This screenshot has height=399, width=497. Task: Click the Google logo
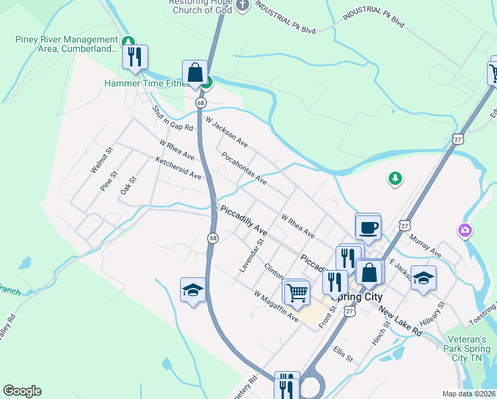tap(22, 391)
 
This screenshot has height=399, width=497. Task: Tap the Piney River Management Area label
tap(66, 43)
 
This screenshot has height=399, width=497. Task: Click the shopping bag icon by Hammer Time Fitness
tap(195, 72)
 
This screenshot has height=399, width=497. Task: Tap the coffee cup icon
tap(367, 227)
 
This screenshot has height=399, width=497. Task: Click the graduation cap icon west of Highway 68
tap(193, 290)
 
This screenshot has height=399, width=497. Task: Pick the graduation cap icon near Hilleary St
tap(423, 278)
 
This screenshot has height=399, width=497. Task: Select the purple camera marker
tap(465, 231)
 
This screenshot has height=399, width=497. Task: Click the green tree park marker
tap(395, 178)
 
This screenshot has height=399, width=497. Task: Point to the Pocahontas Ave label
tap(244, 170)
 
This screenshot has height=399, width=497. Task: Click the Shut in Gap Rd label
tap(172, 118)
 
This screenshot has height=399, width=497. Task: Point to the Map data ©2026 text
tap(468, 394)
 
